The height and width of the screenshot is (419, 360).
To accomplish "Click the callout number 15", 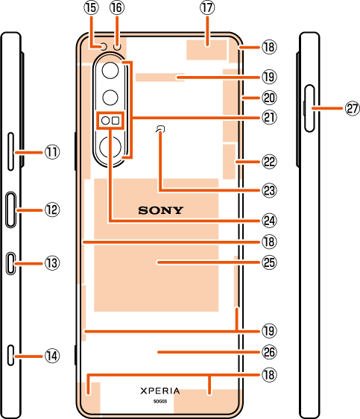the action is pos(92,7).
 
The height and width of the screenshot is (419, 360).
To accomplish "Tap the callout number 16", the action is pos(117,7).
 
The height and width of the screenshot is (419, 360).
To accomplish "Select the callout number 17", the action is pos(207,7).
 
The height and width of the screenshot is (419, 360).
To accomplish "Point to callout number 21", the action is pos(269,117).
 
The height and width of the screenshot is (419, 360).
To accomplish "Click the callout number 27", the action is pos(353,109).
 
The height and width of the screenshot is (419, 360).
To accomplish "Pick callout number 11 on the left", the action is pos(52,152).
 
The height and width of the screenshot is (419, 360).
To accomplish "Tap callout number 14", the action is pos(52,356).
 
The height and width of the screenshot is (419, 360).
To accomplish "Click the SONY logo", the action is pos(161,210).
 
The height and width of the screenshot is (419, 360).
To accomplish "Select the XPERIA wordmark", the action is pos(160,391).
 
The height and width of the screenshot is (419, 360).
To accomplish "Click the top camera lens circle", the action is pos(110,70).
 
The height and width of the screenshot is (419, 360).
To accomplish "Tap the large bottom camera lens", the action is pos(110,147).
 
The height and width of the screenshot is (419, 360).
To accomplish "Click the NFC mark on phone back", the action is pos(160,129).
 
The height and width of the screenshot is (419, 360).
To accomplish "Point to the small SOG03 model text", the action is pos(160,401).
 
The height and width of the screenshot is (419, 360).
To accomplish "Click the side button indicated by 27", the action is pos(309,109).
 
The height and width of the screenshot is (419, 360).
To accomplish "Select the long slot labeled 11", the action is pos(10,151).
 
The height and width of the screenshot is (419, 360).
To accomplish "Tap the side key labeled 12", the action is pos(10,209).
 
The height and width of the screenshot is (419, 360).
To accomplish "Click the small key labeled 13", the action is pos(10,263).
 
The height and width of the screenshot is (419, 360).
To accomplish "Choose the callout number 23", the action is pos(269,191).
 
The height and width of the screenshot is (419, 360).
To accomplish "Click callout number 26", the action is pos(269,352).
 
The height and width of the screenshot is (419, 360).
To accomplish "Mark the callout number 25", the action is pos(269,262).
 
